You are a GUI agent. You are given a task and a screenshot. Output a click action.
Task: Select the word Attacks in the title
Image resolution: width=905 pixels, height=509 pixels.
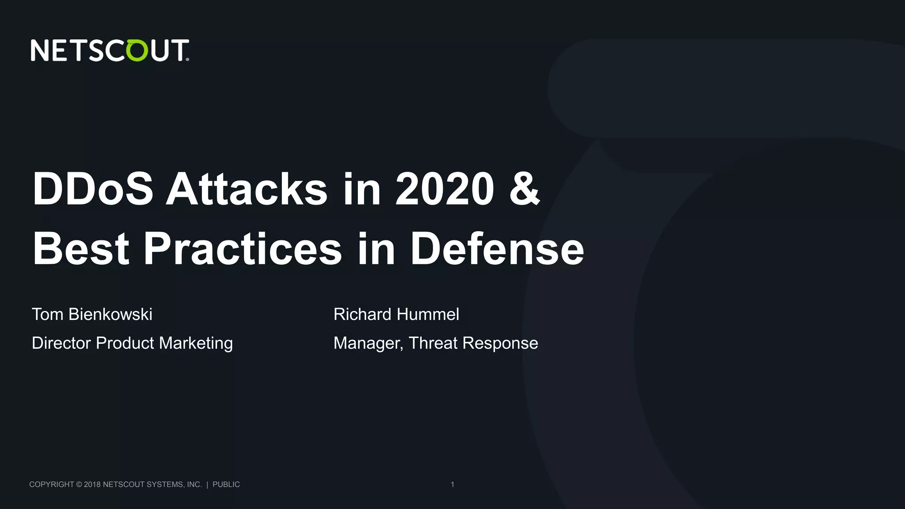(x=246, y=189)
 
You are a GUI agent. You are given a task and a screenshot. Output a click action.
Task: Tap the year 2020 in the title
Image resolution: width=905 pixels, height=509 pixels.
(x=445, y=189)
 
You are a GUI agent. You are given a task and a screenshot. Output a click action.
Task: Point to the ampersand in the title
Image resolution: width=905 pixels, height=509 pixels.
(x=525, y=189)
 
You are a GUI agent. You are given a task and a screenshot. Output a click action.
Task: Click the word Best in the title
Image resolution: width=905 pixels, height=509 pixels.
(x=81, y=249)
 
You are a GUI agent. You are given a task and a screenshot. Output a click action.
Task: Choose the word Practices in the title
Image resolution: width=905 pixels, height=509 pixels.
(x=243, y=249)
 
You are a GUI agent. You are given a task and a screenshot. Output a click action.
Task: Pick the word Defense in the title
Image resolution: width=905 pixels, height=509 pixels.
(x=497, y=249)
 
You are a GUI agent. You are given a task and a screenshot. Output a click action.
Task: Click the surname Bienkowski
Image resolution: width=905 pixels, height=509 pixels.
(x=110, y=315)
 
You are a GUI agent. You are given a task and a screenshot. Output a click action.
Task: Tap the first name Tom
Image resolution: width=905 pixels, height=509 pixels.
(x=47, y=315)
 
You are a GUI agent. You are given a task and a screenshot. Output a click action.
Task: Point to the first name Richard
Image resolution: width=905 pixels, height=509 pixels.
(x=362, y=315)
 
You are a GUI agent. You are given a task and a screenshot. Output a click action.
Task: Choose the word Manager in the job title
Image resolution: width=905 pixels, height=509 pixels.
(x=368, y=343)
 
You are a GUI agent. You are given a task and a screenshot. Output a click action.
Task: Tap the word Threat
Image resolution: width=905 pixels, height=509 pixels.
(x=433, y=343)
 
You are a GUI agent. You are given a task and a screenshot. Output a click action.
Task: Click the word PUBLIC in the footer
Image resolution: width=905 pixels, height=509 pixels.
(x=226, y=485)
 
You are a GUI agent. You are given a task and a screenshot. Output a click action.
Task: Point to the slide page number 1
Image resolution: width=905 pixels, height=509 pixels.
(x=452, y=485)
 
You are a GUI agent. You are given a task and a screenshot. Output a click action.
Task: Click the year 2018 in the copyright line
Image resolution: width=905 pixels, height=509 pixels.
(x=92, y=485)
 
